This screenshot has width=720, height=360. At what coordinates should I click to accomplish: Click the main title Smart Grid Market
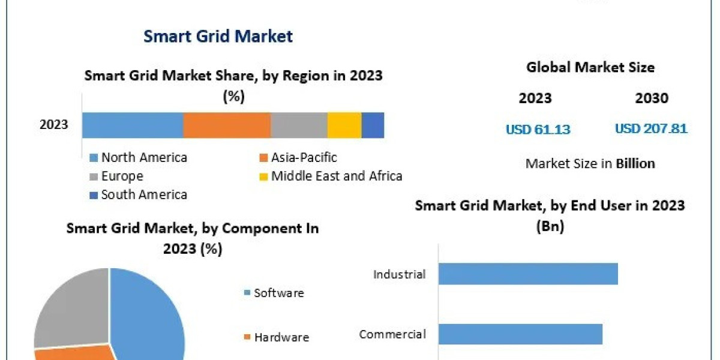(x=218, y=36)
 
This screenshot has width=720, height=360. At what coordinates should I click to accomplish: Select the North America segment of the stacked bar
(x=132, y=125)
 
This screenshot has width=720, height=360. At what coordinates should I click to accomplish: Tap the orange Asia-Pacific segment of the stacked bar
(x=226, y=125)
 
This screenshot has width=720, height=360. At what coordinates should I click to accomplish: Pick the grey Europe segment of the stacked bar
(x=298, y=125)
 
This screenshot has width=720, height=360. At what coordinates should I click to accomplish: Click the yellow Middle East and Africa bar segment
(x=344, y=125)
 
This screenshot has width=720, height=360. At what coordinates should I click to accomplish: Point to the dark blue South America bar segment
(x=373, y=125)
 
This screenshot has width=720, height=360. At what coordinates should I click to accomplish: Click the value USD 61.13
(x=538, y=129)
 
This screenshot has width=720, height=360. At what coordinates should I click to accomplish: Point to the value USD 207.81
(x=651, y=128)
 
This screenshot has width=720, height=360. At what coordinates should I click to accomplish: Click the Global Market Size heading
(x=590, y=67)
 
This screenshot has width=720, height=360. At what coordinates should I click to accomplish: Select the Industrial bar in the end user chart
(x=527, y=274)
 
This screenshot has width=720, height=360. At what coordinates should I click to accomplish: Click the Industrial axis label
(x=399, y=274)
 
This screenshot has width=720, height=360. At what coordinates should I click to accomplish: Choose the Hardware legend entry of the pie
(x=281, y=337)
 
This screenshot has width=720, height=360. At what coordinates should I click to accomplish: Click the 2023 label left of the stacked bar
(x=53, y=125)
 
